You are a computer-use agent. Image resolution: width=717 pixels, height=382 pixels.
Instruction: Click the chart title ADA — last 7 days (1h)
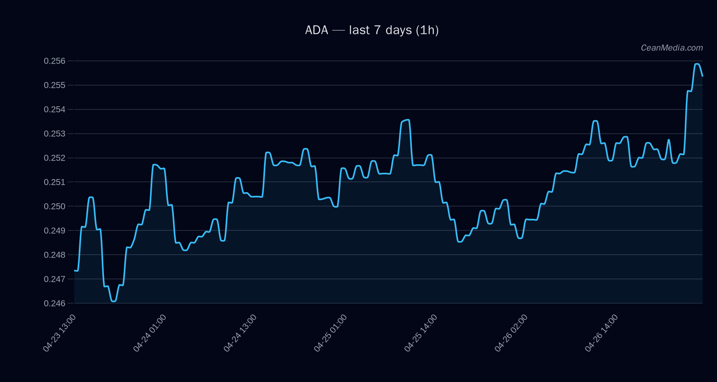(x=372, y=30)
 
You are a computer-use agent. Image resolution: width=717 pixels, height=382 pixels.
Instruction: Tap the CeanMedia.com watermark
(x=672, y=48)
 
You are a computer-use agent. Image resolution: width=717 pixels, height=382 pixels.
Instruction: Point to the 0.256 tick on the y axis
(x=55, y=61)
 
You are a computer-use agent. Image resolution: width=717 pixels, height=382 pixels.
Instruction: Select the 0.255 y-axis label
(x=55, y=85)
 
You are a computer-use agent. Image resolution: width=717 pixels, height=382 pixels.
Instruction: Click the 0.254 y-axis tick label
(x=55, y=109)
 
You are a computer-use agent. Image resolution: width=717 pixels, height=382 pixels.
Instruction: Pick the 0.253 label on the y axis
(x=55, y=134)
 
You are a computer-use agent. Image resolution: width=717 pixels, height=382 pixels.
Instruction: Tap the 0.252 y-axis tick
(x=55, y=158)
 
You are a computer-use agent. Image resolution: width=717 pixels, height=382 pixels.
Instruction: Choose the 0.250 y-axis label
(x=55, y=206)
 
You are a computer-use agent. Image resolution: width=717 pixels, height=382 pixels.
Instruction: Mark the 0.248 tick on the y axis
(x=55, y=255)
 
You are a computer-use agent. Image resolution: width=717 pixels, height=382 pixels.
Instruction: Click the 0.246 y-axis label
(x=55, y=303)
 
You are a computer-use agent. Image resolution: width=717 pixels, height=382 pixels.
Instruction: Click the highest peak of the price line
(x=697, y=64)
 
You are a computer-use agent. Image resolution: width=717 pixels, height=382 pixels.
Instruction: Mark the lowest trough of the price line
(x=114, y=301)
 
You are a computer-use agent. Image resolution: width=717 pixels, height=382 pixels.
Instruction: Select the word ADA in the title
(x=317, y=30)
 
